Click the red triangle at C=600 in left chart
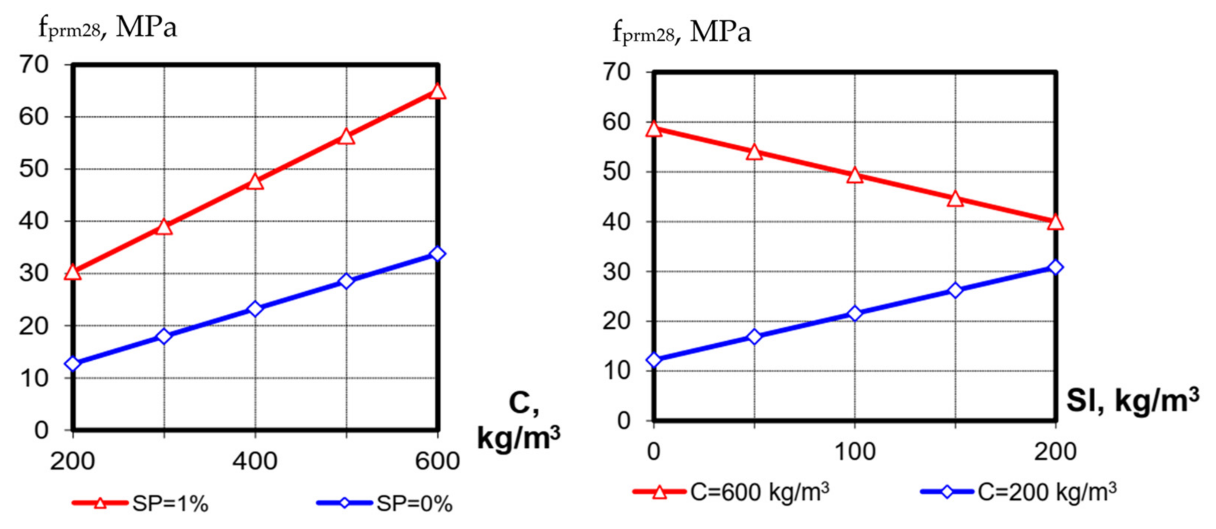click(437, 91)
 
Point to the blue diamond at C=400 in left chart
click(255, 309)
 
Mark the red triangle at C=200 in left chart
click(73, 272)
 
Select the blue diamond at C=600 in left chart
click(437, 254)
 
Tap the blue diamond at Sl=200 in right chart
click(1055, 267)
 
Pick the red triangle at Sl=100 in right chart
click(855, 176)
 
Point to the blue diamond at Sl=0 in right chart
click(654, 360)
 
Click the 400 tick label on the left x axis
click(255, 461)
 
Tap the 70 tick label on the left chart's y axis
click(33, 65)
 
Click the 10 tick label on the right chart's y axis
click(617, 371)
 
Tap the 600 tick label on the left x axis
click(437, 461)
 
